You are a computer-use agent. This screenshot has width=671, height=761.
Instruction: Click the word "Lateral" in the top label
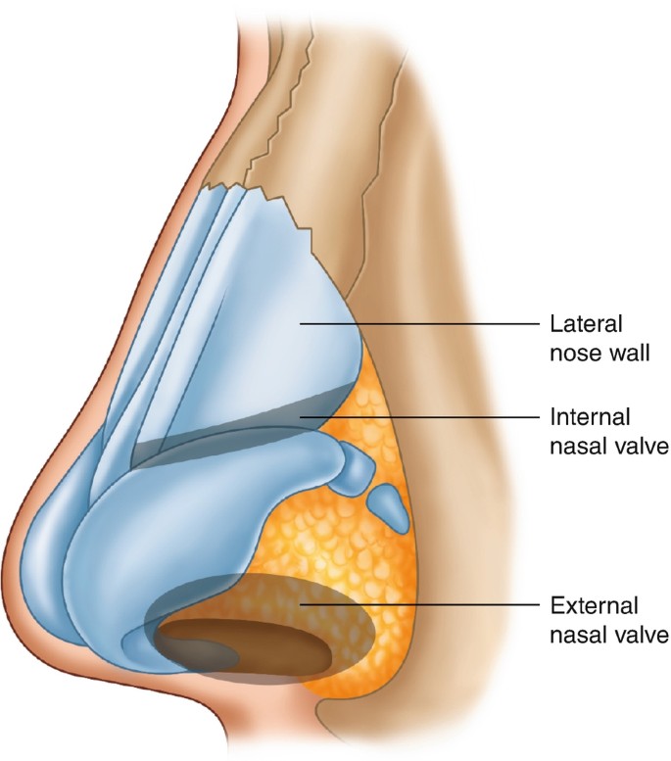[x=582, y=322]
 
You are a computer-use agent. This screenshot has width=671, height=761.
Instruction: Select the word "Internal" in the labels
[x=586, y=417]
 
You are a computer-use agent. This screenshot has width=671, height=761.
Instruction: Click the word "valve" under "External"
[x=638, y=635]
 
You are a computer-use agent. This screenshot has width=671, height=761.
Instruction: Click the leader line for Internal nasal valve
[x=421, y=417]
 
